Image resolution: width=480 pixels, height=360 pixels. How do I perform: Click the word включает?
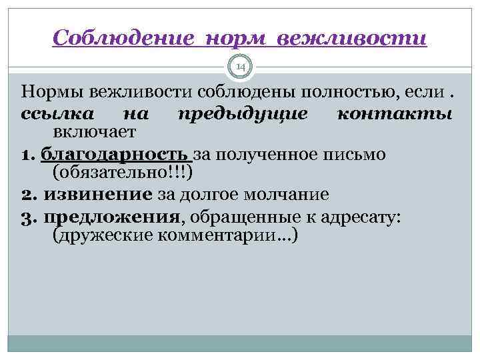click(x=94, y=132)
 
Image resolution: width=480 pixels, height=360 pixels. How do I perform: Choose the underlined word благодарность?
click(x=116, y=154)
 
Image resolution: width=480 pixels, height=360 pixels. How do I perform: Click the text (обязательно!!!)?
click(x=122, y=173)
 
